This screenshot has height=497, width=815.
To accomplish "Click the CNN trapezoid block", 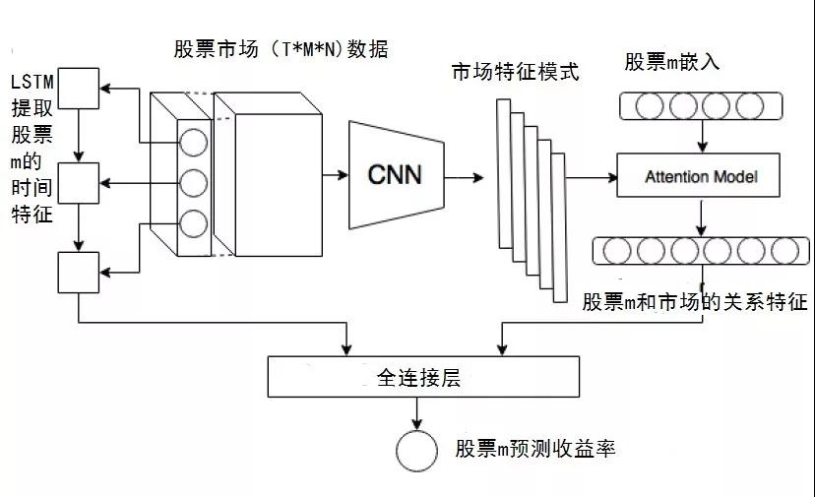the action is coord(396,175).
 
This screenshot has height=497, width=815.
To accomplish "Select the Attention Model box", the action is coord(698,175).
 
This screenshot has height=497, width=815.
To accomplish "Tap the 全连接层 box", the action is coord(423,377).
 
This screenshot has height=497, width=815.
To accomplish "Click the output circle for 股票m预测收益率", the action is coord(416,451).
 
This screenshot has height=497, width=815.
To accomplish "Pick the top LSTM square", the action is coord(79,89).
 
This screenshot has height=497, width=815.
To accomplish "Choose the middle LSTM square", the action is coord(79,183).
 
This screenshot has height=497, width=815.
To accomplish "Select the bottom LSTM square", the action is coord(79,273).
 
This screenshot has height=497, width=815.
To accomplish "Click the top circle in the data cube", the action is coord(193,143).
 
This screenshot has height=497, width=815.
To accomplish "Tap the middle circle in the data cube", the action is coord(193,183).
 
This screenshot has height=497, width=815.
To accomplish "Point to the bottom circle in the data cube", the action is coord(193,223).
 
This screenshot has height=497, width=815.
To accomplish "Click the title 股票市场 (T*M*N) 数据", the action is coord(281,49).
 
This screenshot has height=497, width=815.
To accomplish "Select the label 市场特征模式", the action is coord(515,72).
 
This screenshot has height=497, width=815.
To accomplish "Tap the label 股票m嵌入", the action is coord(671,62).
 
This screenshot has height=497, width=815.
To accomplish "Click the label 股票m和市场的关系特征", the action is coord(695,301).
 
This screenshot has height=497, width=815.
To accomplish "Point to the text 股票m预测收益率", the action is coord(535,448).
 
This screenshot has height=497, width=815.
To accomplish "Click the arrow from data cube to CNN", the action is coord(336,175).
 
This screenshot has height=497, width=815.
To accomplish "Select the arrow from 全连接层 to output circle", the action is coord(416,413).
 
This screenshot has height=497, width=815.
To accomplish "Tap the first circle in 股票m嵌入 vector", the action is coord(650,106).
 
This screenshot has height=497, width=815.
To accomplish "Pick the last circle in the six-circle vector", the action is coord(784,251).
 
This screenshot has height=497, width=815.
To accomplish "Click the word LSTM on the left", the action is coord(32,82).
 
